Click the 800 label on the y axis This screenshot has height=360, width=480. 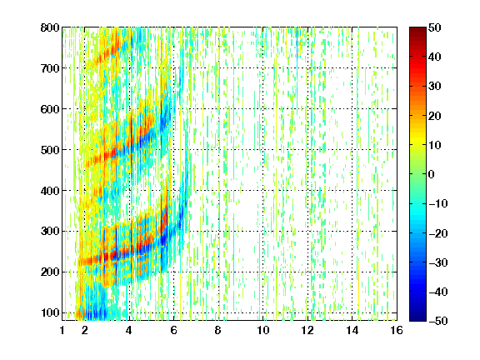tap(50, 27)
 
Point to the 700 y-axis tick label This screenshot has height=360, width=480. tap(50, 68)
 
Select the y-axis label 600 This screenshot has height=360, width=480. tap(50, 109)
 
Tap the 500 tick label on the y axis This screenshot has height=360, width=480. tap(50, 150)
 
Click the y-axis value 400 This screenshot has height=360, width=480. tap(50, 191)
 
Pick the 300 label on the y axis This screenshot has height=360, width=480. tap(50, 231)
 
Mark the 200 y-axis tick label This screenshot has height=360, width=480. tap(50, 272)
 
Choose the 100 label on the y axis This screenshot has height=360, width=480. tap(50, 312)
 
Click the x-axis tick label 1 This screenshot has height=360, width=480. tap(62, 330)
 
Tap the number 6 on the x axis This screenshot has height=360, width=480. tap(173, 330)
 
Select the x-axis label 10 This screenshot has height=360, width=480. tap(263, 330)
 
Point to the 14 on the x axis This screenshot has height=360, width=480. tap(352, 330)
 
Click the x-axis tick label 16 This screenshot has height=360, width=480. tap(397, 330)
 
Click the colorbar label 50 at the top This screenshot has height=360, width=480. tap(434, 27)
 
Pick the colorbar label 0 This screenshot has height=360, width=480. tap(432, 174)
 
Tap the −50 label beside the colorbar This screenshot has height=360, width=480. tap(438, 321)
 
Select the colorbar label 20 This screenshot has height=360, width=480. tap(434, 116)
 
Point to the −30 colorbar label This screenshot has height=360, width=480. tap(438, 262)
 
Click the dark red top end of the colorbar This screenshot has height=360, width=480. tap(417, 28)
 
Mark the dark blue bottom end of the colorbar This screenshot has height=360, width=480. tap(417, 319)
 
